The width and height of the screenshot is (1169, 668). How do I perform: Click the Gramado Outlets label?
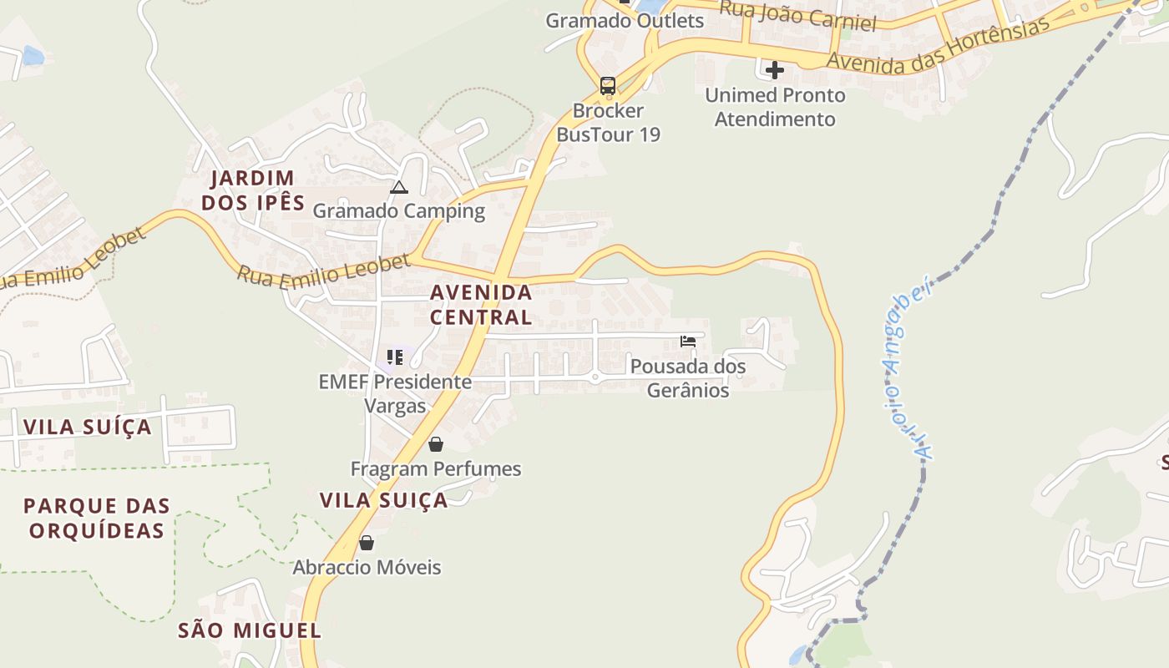coord(625,21)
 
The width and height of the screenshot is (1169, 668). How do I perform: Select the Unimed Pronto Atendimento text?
coord(775,107)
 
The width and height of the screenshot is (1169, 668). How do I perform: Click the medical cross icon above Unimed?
coord(775,70)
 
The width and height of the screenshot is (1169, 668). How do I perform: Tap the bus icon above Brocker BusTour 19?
coord(608,85)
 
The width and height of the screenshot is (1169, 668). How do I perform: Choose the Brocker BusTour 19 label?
coord(608,122)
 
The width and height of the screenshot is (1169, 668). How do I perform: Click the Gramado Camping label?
coord(398,210)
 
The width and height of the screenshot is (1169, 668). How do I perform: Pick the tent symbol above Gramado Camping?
coord(398,187)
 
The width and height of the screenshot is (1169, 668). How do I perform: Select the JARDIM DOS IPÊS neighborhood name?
coord(252,190)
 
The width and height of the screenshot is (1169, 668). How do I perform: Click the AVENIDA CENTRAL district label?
coord(481,305)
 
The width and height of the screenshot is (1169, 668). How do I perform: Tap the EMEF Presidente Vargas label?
coord(395,394)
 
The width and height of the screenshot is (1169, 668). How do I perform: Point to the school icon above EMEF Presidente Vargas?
coord(395,357)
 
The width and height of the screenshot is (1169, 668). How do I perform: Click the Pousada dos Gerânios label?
coord(688,378)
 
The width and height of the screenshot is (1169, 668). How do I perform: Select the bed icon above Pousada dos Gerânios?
coord(688,342)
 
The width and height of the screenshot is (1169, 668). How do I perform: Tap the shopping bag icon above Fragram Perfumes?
coord(435,444)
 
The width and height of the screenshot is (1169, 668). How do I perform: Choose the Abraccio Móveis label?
coord(367,568)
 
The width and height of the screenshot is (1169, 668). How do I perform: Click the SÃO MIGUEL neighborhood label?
coord(250,630)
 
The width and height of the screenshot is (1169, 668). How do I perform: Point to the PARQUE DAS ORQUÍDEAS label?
coord(97,518)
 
